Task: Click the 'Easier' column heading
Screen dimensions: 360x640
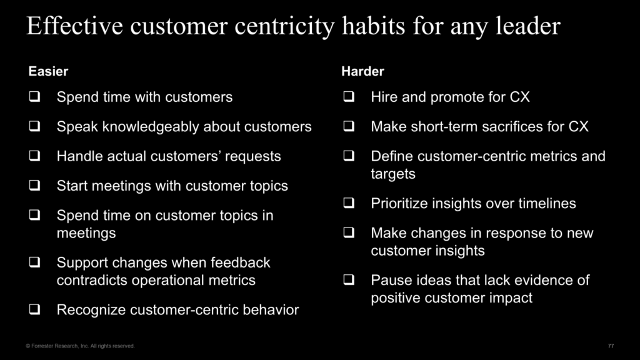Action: point(48,71)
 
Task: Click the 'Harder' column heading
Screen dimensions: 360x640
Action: point(362,71)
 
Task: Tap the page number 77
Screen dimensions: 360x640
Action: point(611,346)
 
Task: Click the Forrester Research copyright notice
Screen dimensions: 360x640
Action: point(79,346)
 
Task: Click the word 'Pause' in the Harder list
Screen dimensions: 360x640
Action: point(389,280)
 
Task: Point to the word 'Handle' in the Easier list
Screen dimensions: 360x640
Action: point(77,156)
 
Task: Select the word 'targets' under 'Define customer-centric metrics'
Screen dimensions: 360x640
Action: point(393,174)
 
